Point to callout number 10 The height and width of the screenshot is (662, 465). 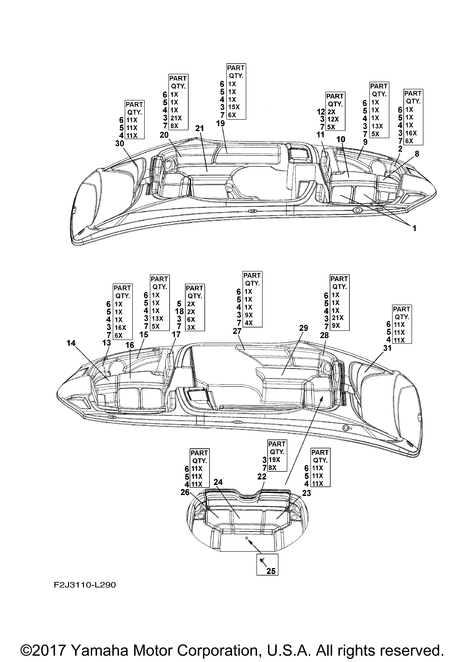point(341,139)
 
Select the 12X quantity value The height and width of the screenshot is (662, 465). point(333,119)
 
